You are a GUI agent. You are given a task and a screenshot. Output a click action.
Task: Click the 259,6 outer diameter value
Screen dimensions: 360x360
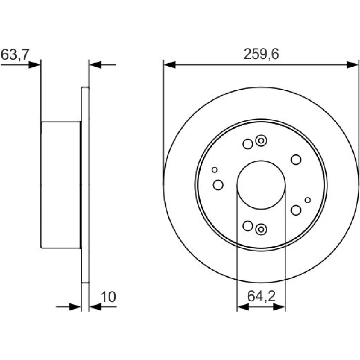tap(261, 54)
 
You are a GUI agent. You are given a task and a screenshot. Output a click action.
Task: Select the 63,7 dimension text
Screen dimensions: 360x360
tap(15, 55)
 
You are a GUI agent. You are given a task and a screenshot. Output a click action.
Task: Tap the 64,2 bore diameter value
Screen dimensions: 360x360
tap(261, 296)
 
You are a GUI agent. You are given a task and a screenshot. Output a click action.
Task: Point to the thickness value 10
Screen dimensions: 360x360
tap(108, 297)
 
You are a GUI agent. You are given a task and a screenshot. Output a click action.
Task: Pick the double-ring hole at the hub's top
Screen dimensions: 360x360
tap(261, 140)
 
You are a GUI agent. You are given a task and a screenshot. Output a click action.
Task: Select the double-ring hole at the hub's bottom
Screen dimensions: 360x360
tap(261, 229)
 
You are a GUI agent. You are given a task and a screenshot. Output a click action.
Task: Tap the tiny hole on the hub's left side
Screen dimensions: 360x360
tap(215, 170)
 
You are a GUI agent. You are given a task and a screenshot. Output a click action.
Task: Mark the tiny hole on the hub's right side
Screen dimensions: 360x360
tap(308, 200)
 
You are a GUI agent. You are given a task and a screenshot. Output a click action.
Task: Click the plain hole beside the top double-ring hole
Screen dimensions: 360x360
tap(248, 144)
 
